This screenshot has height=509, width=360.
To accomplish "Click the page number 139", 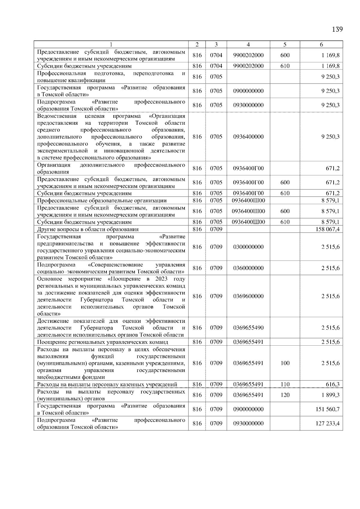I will [x=337, y=29].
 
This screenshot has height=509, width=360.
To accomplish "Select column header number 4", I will [x=248, y=44].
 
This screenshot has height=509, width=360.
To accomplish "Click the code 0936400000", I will [x=248, y=137].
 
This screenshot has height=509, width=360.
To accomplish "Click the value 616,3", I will [x=333, y=384].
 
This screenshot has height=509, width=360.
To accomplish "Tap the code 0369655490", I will [x=248, y=328].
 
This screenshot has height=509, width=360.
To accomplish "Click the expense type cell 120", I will [x=285, y=395].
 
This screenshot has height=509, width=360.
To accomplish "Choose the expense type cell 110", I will [x=285, y=384].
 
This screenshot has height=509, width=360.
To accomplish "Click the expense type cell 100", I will [x=285, y=363].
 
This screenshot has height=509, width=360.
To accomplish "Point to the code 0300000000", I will [x=248, y=247].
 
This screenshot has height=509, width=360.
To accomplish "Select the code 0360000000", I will [x=248, y=268].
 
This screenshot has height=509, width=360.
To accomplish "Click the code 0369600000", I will [x=248, y=296].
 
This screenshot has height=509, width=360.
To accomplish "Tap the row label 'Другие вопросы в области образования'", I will [x=88, y=229].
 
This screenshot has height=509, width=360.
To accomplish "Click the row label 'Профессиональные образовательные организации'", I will [x=102, y=201].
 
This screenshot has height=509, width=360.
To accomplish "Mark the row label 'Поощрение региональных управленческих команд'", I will [x=103, y=342].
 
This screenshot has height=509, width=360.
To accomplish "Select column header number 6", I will [x=321, y=44].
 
